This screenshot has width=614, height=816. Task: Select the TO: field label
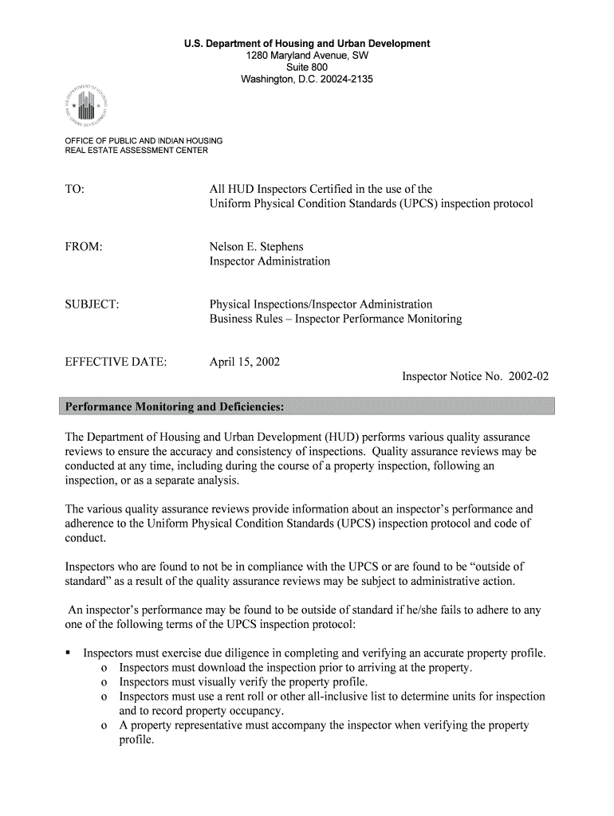(73, 189)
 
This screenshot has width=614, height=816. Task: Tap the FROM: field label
(83, 246)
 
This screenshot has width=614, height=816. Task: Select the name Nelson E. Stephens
(256, 246)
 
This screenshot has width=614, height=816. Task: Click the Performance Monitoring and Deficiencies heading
(174, 408)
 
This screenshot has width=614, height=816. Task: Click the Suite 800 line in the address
(307, 68)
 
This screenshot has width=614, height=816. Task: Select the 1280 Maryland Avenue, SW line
(307, 56)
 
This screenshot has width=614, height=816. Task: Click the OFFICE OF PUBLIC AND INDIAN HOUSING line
(144, 141)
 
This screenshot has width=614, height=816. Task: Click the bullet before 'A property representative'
(105, 725)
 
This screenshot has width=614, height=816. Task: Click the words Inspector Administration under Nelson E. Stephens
(269, 261)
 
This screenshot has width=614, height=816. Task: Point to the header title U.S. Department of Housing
(307, 43)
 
